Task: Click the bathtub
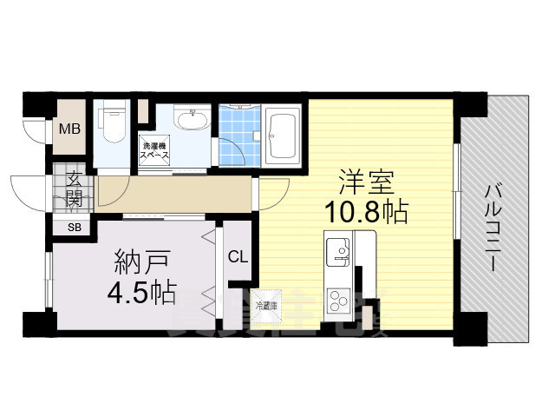pyautogui.click(x=281, y=134)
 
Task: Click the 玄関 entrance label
pyautogui.click(x=73, y=189)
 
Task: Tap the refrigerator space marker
pyautogui.click(x=270, y=305)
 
